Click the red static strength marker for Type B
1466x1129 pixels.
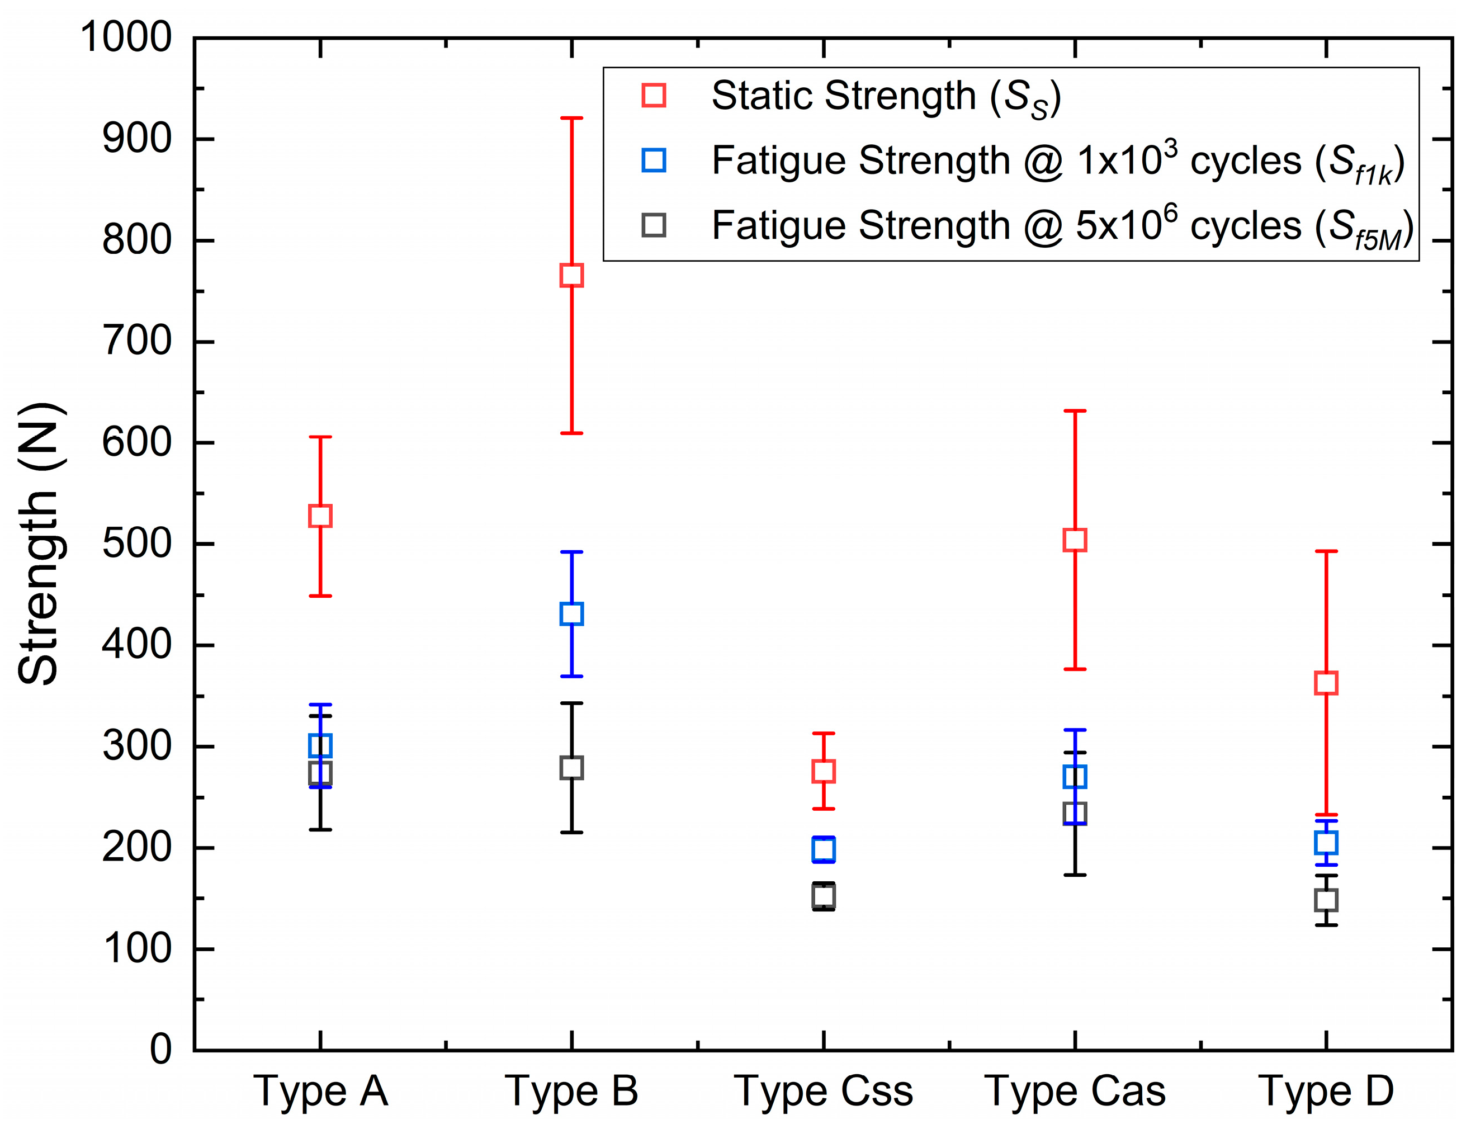571,275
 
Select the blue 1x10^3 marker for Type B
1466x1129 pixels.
571,613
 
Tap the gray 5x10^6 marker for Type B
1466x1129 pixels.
571,767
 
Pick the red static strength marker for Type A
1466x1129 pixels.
320,516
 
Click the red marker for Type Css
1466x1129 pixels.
824,771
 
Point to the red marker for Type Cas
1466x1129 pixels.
1075,540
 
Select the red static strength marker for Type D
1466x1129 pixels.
1326,683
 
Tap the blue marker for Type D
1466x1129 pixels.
1326,843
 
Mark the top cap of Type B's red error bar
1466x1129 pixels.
571,118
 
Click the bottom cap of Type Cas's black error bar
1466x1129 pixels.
1075,875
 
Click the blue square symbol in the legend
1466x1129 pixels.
653,160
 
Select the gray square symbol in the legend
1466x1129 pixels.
653,225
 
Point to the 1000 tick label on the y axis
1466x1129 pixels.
126,37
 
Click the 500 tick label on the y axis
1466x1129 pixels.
137,544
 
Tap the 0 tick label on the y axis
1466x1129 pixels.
160,1050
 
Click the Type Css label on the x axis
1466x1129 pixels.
824,1092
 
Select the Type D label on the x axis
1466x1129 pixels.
1326,1092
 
